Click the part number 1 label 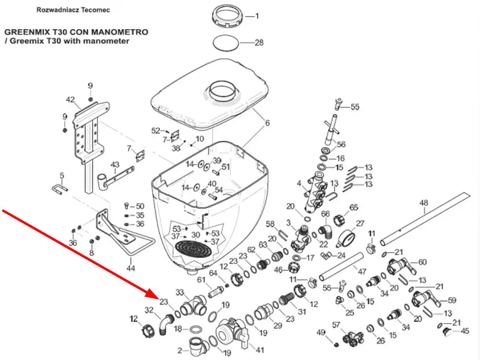pyautogui.click(x=257, y=16)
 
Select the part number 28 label pyautogui.click(x=259, y=43)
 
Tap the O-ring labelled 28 pyautogui.click(x=227, y=42)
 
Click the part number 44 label pyautogui.click(x=131, y=267)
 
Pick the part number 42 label pyautogui.click(x=70, y=100)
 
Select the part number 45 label pyautogui.click(x=465, y=331)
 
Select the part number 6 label pyautogui.click(x=267, y=123)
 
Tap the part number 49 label pyautogui.click(x=320, y=332)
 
